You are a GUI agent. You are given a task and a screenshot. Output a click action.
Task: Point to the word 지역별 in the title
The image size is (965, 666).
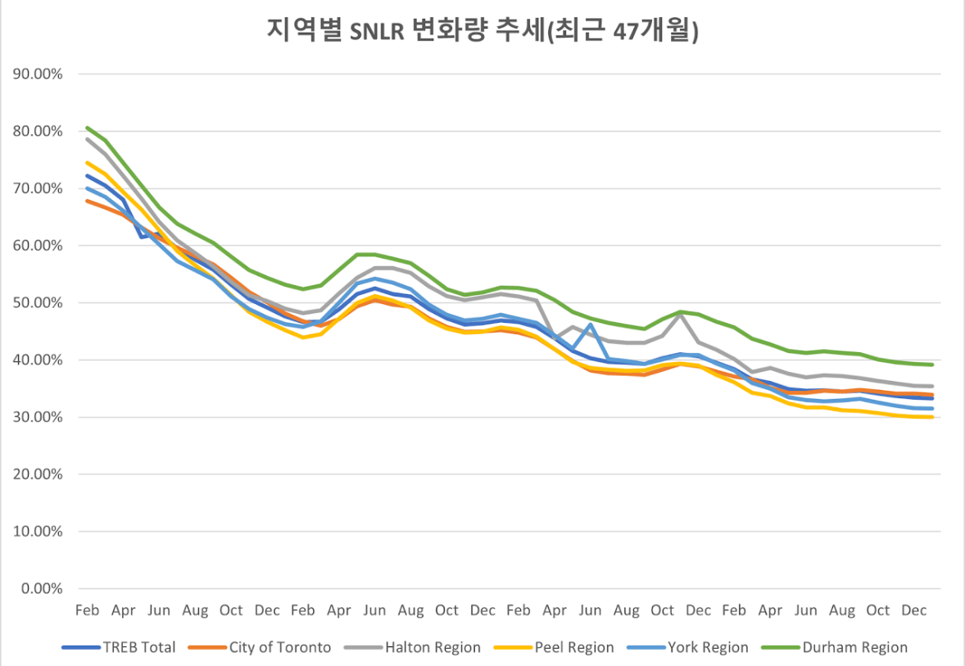pyautogui.click(x=297, y=31)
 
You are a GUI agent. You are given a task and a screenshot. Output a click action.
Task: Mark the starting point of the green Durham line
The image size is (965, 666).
pyautogui.click(x=87, y=128)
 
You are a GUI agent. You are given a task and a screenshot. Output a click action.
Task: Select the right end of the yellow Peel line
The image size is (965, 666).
pyautogui.click(x=932, y=417)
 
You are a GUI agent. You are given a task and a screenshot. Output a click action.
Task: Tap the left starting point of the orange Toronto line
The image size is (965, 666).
pyautogui.click(x=87, y=201)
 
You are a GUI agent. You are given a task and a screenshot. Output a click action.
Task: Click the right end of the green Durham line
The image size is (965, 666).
pyautogui.click(x=932, y=365)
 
